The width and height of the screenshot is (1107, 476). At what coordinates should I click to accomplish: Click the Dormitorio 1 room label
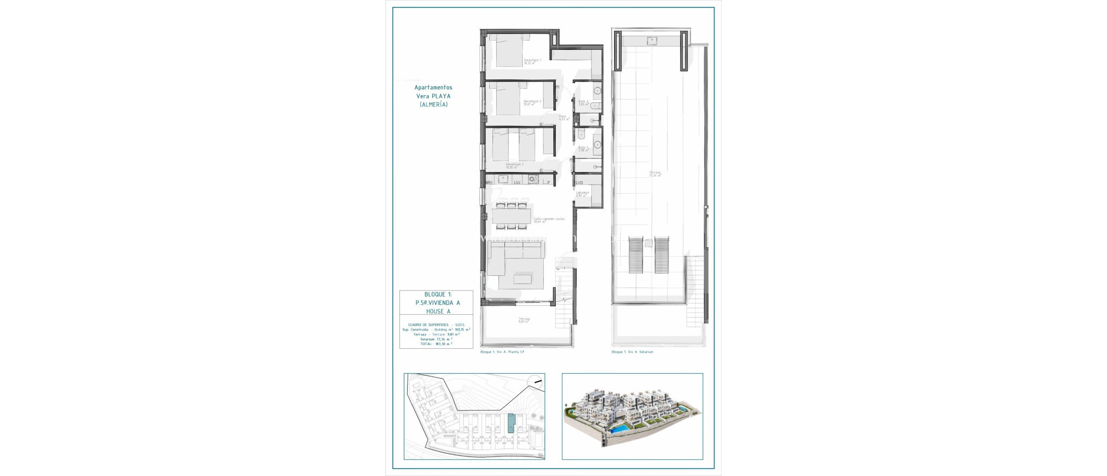pyautogui.click(x=532, y=61)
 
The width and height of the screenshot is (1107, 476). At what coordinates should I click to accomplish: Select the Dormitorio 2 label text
pyautogui.click(x=532, y=102)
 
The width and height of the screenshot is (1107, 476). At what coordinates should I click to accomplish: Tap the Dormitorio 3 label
pyautogui.click(x=514, y=164)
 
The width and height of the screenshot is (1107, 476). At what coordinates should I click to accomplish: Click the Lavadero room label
pyautogui.click(x=582, y=193)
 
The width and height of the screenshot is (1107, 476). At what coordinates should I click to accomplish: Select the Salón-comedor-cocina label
pyautogui.click(x=549, y=219)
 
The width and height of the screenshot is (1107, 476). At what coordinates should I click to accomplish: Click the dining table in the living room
pyautogui.click(x=511, y=216)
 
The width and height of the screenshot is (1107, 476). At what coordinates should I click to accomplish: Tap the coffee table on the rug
pyautogui.click(x=522, y=279)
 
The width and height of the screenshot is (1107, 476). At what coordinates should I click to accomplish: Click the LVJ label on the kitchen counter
pyautogui.click(x=517, y=183)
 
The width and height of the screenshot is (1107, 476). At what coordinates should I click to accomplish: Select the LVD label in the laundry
pyautogui.click(x=579, y=183)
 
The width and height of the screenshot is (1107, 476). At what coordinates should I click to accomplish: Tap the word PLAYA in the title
pyautogui.click(x=441, y=96)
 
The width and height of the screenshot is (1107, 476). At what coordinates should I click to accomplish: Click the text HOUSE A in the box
pyautogui.click(x=438, y=312)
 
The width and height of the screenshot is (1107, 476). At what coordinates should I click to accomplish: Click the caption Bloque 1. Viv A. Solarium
pyautogui.click(x=632, y=352)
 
